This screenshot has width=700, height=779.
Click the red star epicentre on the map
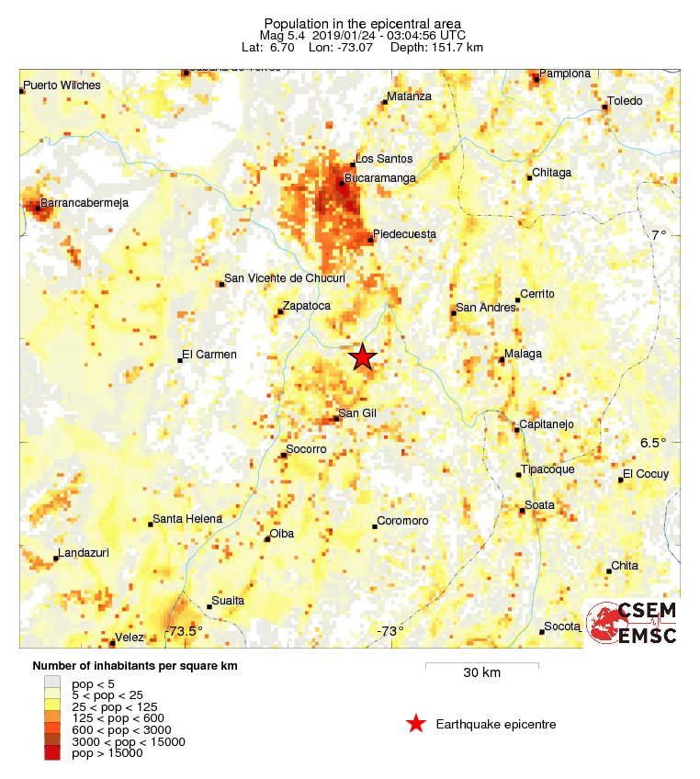(363, 357)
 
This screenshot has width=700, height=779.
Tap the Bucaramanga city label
(380, 177)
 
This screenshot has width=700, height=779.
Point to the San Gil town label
(358, 413)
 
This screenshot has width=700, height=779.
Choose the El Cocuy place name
(646, 474)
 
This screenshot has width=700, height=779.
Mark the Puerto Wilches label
(62, 85)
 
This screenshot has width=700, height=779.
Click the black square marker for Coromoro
(375, 526)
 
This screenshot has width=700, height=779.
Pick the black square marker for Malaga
(502, 359)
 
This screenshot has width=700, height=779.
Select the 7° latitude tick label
(659, 235)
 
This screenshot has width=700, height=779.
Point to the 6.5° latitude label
(653, 443)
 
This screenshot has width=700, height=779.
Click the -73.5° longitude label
(184, 631)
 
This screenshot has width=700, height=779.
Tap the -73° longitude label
(390, 631)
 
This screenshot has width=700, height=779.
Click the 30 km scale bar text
(481, 673)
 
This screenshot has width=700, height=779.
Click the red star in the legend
(416, 724)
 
